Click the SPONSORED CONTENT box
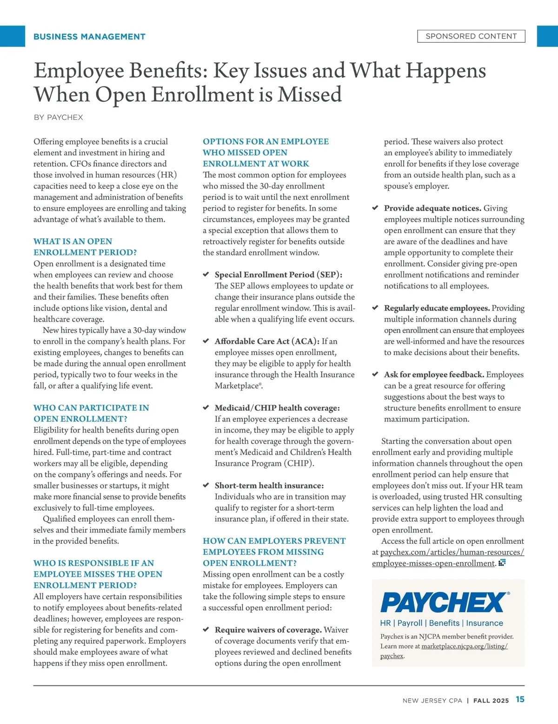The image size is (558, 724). point(471,36)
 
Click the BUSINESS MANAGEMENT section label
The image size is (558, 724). point(89,37)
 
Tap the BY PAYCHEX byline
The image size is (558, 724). point(58,118)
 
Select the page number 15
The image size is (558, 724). point(520,699)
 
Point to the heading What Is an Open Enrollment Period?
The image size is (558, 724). point(85,247)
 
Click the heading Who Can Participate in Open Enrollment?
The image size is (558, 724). point(91,413)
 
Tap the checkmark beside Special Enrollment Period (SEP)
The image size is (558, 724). point(206,275)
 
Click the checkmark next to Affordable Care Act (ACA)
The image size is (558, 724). point(206,341)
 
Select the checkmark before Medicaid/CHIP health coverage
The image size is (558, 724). point(206,408)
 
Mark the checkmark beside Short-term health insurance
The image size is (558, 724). point(206,485)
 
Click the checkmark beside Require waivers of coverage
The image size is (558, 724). point(206,630)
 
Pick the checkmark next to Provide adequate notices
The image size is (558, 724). point(375,208)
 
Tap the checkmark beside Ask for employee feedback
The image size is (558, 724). point(375,374)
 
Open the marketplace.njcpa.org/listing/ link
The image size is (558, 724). point(464,646)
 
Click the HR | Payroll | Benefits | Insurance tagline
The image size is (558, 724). point(441,623)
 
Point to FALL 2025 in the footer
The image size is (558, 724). point(491,700)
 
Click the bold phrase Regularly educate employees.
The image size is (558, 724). point(437,308)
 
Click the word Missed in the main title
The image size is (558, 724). point(310,95)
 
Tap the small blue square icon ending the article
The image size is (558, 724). point(502,563)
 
